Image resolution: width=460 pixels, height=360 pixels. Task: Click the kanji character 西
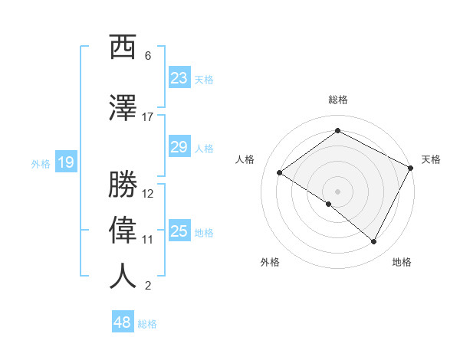(x=123, y=47)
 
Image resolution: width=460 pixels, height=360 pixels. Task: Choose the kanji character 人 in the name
(x=123, y=276)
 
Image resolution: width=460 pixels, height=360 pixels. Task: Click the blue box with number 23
(x=179, y=78)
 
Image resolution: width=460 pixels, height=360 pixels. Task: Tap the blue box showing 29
(x=179, y=147)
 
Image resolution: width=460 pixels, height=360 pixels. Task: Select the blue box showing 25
(x=179, y=231)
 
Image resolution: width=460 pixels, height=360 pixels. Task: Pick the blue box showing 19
(x=65, y=162)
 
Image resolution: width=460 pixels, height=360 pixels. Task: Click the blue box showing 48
(x=123, y=322)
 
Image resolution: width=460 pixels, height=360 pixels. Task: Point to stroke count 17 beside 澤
(x=148, y=117)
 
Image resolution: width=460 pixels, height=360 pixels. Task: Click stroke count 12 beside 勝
(x=148, y=194)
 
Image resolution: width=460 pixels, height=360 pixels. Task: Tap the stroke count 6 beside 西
(x=148, y=56)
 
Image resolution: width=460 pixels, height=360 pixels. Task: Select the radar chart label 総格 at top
(x=338, y=100)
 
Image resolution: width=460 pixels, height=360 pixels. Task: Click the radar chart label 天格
(x=431, y=159)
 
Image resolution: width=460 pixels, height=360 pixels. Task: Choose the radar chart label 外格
(x=270, y=262)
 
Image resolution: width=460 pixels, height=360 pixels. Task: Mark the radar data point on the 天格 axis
(x=411, y=168)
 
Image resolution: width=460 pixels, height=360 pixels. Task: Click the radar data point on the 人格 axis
(x=280, y=173)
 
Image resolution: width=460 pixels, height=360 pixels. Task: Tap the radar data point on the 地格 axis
(x=374, y=242)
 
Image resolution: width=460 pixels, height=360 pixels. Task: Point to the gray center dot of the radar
(x=337, y=191)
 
